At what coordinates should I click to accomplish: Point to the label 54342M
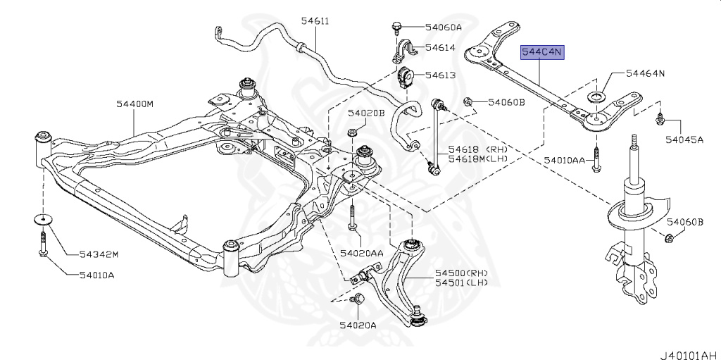99,254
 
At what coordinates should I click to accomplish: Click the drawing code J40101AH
688,354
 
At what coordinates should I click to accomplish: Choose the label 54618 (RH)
469,150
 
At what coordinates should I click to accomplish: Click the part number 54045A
684,139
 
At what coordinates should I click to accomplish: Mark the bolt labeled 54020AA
352,218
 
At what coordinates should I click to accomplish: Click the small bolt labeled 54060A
396,27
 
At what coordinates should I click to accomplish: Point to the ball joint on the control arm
418,315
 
